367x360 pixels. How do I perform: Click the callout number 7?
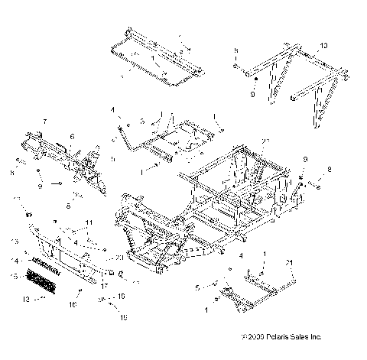coord(44,122)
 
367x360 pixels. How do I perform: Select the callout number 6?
coord(72,137)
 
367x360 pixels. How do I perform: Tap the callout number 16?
coord(73,304)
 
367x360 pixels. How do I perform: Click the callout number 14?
coord(14,261)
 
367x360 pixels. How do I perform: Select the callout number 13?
coord(14,242)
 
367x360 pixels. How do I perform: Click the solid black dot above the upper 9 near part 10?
coord(257,79)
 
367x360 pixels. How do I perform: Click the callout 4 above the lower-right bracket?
coord(242,255)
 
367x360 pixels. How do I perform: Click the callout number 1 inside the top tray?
coord(154,58)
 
